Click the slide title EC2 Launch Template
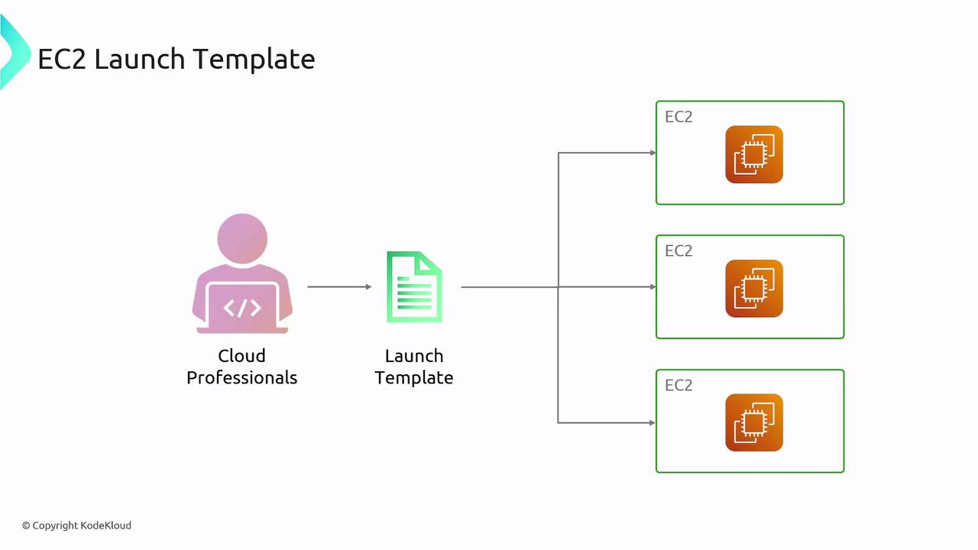(x=176, y=59)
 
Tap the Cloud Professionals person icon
(x=242, y=275)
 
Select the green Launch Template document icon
(x=414, y=287)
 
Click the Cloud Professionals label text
(x=241, y=367)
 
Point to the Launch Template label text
(x=414, y=367)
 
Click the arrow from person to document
(x=339, y=287)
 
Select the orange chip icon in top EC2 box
(x=754, y=154)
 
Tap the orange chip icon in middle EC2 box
(x=754, y=289)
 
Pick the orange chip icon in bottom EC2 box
(x=754, y=422)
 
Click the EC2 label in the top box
(x=678, y=117)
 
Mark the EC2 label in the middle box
(x=678, y=251)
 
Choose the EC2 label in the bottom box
(x=678, y=385)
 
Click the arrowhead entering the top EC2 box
(x=653, y=153)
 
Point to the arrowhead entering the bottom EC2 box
(x=653, y=422)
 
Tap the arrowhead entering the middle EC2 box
(x=653, y=287)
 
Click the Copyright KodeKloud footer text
(x=76, y=526)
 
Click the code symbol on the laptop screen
(x=242, y=308)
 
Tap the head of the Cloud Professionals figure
(x=242, y=238)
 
